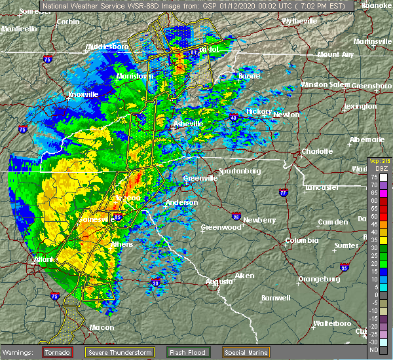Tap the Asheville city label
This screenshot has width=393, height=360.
tap(189, 124)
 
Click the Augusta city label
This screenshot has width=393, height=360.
tap(219, 281)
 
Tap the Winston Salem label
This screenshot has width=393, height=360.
tap(326, 84)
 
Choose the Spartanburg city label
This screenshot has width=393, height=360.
tap(239, 171)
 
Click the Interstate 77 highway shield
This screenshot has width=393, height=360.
tap(284, 194)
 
